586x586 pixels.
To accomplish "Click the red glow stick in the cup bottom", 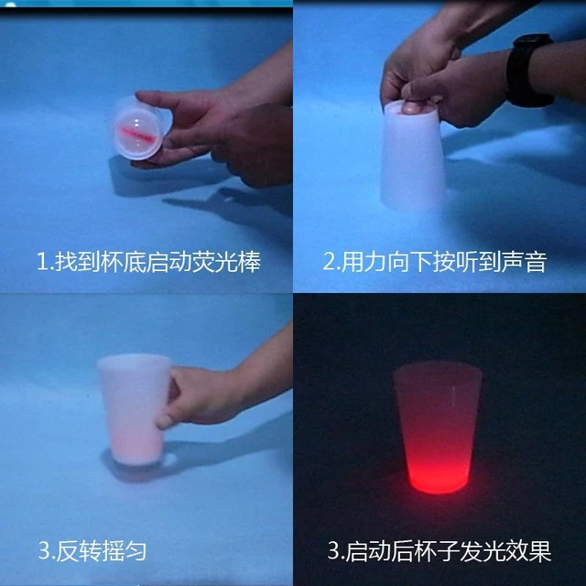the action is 136,135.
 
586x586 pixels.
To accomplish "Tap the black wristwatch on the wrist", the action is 530,71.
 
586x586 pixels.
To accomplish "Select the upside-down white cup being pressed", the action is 413,155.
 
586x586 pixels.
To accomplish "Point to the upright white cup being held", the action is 134,410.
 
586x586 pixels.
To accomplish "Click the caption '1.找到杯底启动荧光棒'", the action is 148,262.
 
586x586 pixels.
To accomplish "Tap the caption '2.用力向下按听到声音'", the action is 435,262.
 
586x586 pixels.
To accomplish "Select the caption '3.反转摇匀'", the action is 92,551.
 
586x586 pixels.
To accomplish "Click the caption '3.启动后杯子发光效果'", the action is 439,551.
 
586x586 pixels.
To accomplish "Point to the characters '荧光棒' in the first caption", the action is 226,262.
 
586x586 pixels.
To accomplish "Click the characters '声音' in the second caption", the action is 525,262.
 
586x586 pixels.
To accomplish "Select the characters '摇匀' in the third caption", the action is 124,551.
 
